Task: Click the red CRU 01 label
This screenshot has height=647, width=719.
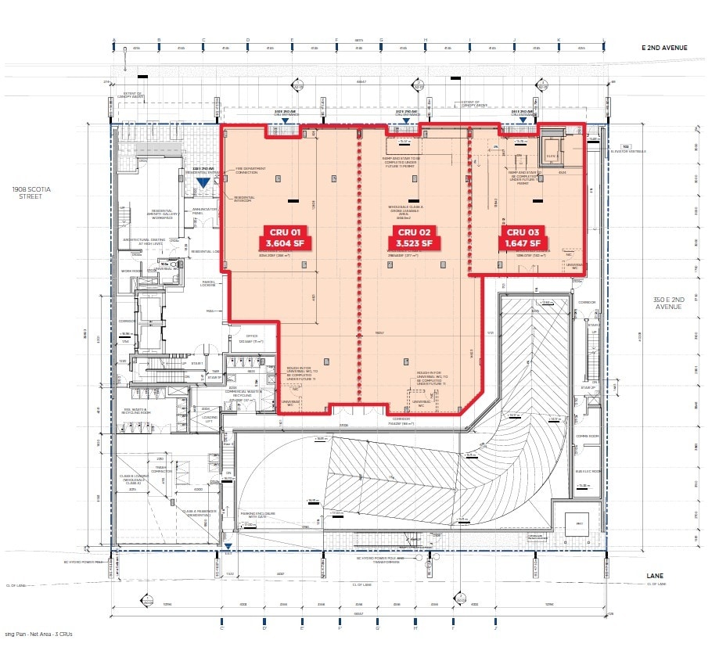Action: click(279, 232)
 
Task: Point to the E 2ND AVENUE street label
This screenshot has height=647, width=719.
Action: click(664, 49)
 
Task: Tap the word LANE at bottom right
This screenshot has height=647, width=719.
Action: click(656, 575)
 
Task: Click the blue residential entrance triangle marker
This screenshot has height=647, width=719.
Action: click(203, 182)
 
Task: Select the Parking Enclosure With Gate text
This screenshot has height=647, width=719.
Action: click(253, 516)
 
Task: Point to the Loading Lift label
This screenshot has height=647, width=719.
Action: click(209, 419)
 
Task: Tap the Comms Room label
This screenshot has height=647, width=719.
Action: click(587, 437)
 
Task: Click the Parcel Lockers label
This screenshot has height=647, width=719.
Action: click(207, 284)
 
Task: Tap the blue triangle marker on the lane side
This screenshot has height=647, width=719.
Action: click(227, 546)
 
